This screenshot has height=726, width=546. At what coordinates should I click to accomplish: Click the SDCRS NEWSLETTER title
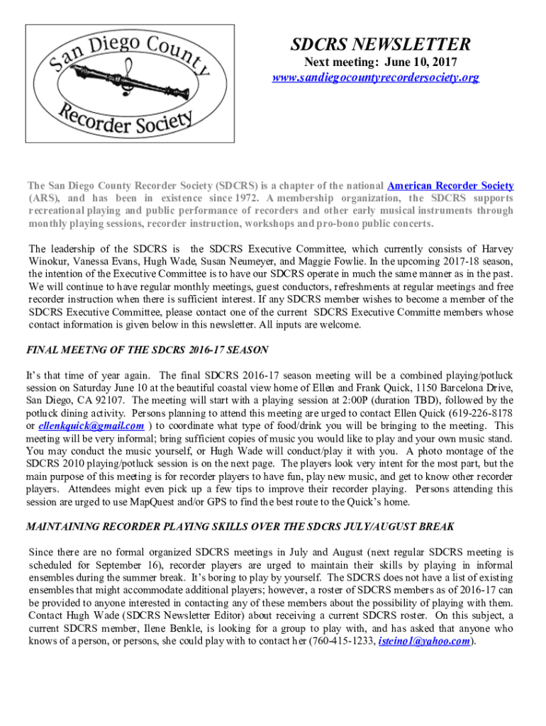[380, 45]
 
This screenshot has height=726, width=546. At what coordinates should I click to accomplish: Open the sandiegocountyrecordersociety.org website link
[376, 77]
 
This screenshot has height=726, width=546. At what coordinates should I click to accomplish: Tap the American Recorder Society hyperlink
[450, 186]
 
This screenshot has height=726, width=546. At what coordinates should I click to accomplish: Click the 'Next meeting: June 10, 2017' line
[376, 62]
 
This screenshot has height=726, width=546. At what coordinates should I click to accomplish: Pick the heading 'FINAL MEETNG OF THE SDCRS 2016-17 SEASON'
[147, 350]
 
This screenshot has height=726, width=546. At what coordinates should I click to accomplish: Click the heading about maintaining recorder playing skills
[240, 527]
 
